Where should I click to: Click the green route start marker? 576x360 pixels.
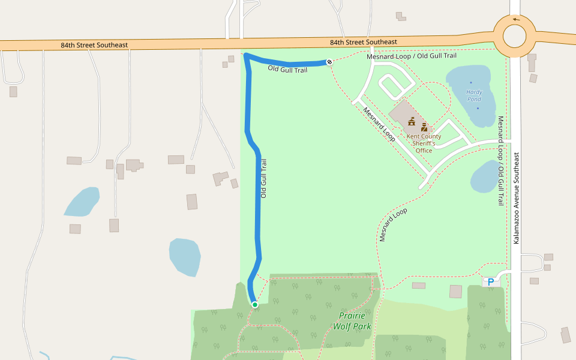pyautogui.click(x=255, y=305)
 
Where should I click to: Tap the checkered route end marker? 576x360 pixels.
pyautogui.click(x=329, y=62)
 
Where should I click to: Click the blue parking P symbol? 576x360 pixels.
pyautogui.click(x=491, y=281)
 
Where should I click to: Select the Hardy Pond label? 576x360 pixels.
pyautogui.click(x=474, y=95)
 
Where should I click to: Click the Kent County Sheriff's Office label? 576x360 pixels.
pyautogui.click(x=424, y=143)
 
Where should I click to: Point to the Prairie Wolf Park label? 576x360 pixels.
pyautogui.click(x=355, y=321)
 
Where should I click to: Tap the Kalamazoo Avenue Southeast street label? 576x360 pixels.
pyautogui.click(x=515, y=198)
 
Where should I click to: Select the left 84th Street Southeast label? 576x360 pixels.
pyautogui.click(x=94, y=45)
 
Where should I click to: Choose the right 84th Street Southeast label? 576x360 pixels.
pyautogui.click(x=363, y=42)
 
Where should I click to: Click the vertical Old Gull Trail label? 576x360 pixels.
pyautogui.click(x=263, y=178)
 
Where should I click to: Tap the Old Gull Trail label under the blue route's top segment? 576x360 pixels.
pyautogui.click(x=287, y=70)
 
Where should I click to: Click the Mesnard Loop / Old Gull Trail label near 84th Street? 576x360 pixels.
pyautogui.click(x=411, y=56)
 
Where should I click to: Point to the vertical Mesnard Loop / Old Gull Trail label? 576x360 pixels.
pyautogui.click(x=500, y=161)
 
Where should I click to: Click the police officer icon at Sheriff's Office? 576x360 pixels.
pyautogui.click(x=424, y=127)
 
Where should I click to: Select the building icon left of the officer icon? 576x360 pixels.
pyautogui.click(x=412, y=122)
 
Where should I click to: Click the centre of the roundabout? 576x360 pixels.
pyautogui.click(x=514, y=35)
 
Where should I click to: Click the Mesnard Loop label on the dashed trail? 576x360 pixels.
pyautogui.click(x=393, y=225)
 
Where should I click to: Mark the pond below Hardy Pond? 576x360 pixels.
pyautogui.click(x=487, y=176)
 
